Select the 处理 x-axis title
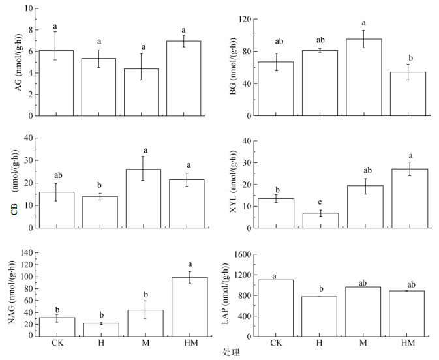[230, 353]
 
